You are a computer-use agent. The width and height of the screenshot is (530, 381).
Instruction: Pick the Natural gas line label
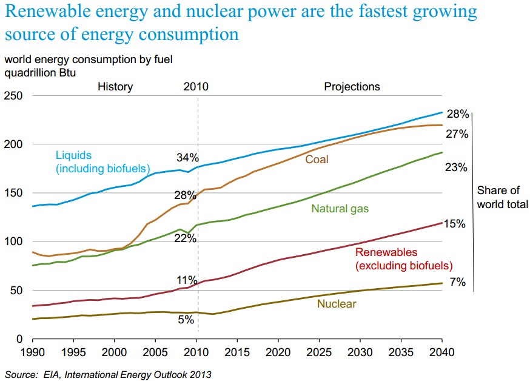[x=340, y=209]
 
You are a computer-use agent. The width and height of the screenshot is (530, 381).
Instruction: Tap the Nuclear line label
[x=336, y=303]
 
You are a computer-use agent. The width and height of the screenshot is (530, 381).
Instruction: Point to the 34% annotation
[x=187, y=158]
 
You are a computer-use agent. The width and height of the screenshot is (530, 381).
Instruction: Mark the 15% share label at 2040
[x=454, y=224]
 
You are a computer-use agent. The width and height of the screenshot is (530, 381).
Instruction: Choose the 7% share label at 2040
[x=457, y=282]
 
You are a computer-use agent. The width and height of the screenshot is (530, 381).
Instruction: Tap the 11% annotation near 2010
[x=187, y=280]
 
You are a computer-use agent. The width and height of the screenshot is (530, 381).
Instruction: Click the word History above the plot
[x=115, y=87]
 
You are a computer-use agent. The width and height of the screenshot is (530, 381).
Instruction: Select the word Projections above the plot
[x=352, y=87]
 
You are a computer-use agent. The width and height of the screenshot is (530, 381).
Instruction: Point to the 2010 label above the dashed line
[x=195, y=87]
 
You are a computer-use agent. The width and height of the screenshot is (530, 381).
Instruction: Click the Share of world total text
[x=502, y=197]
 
